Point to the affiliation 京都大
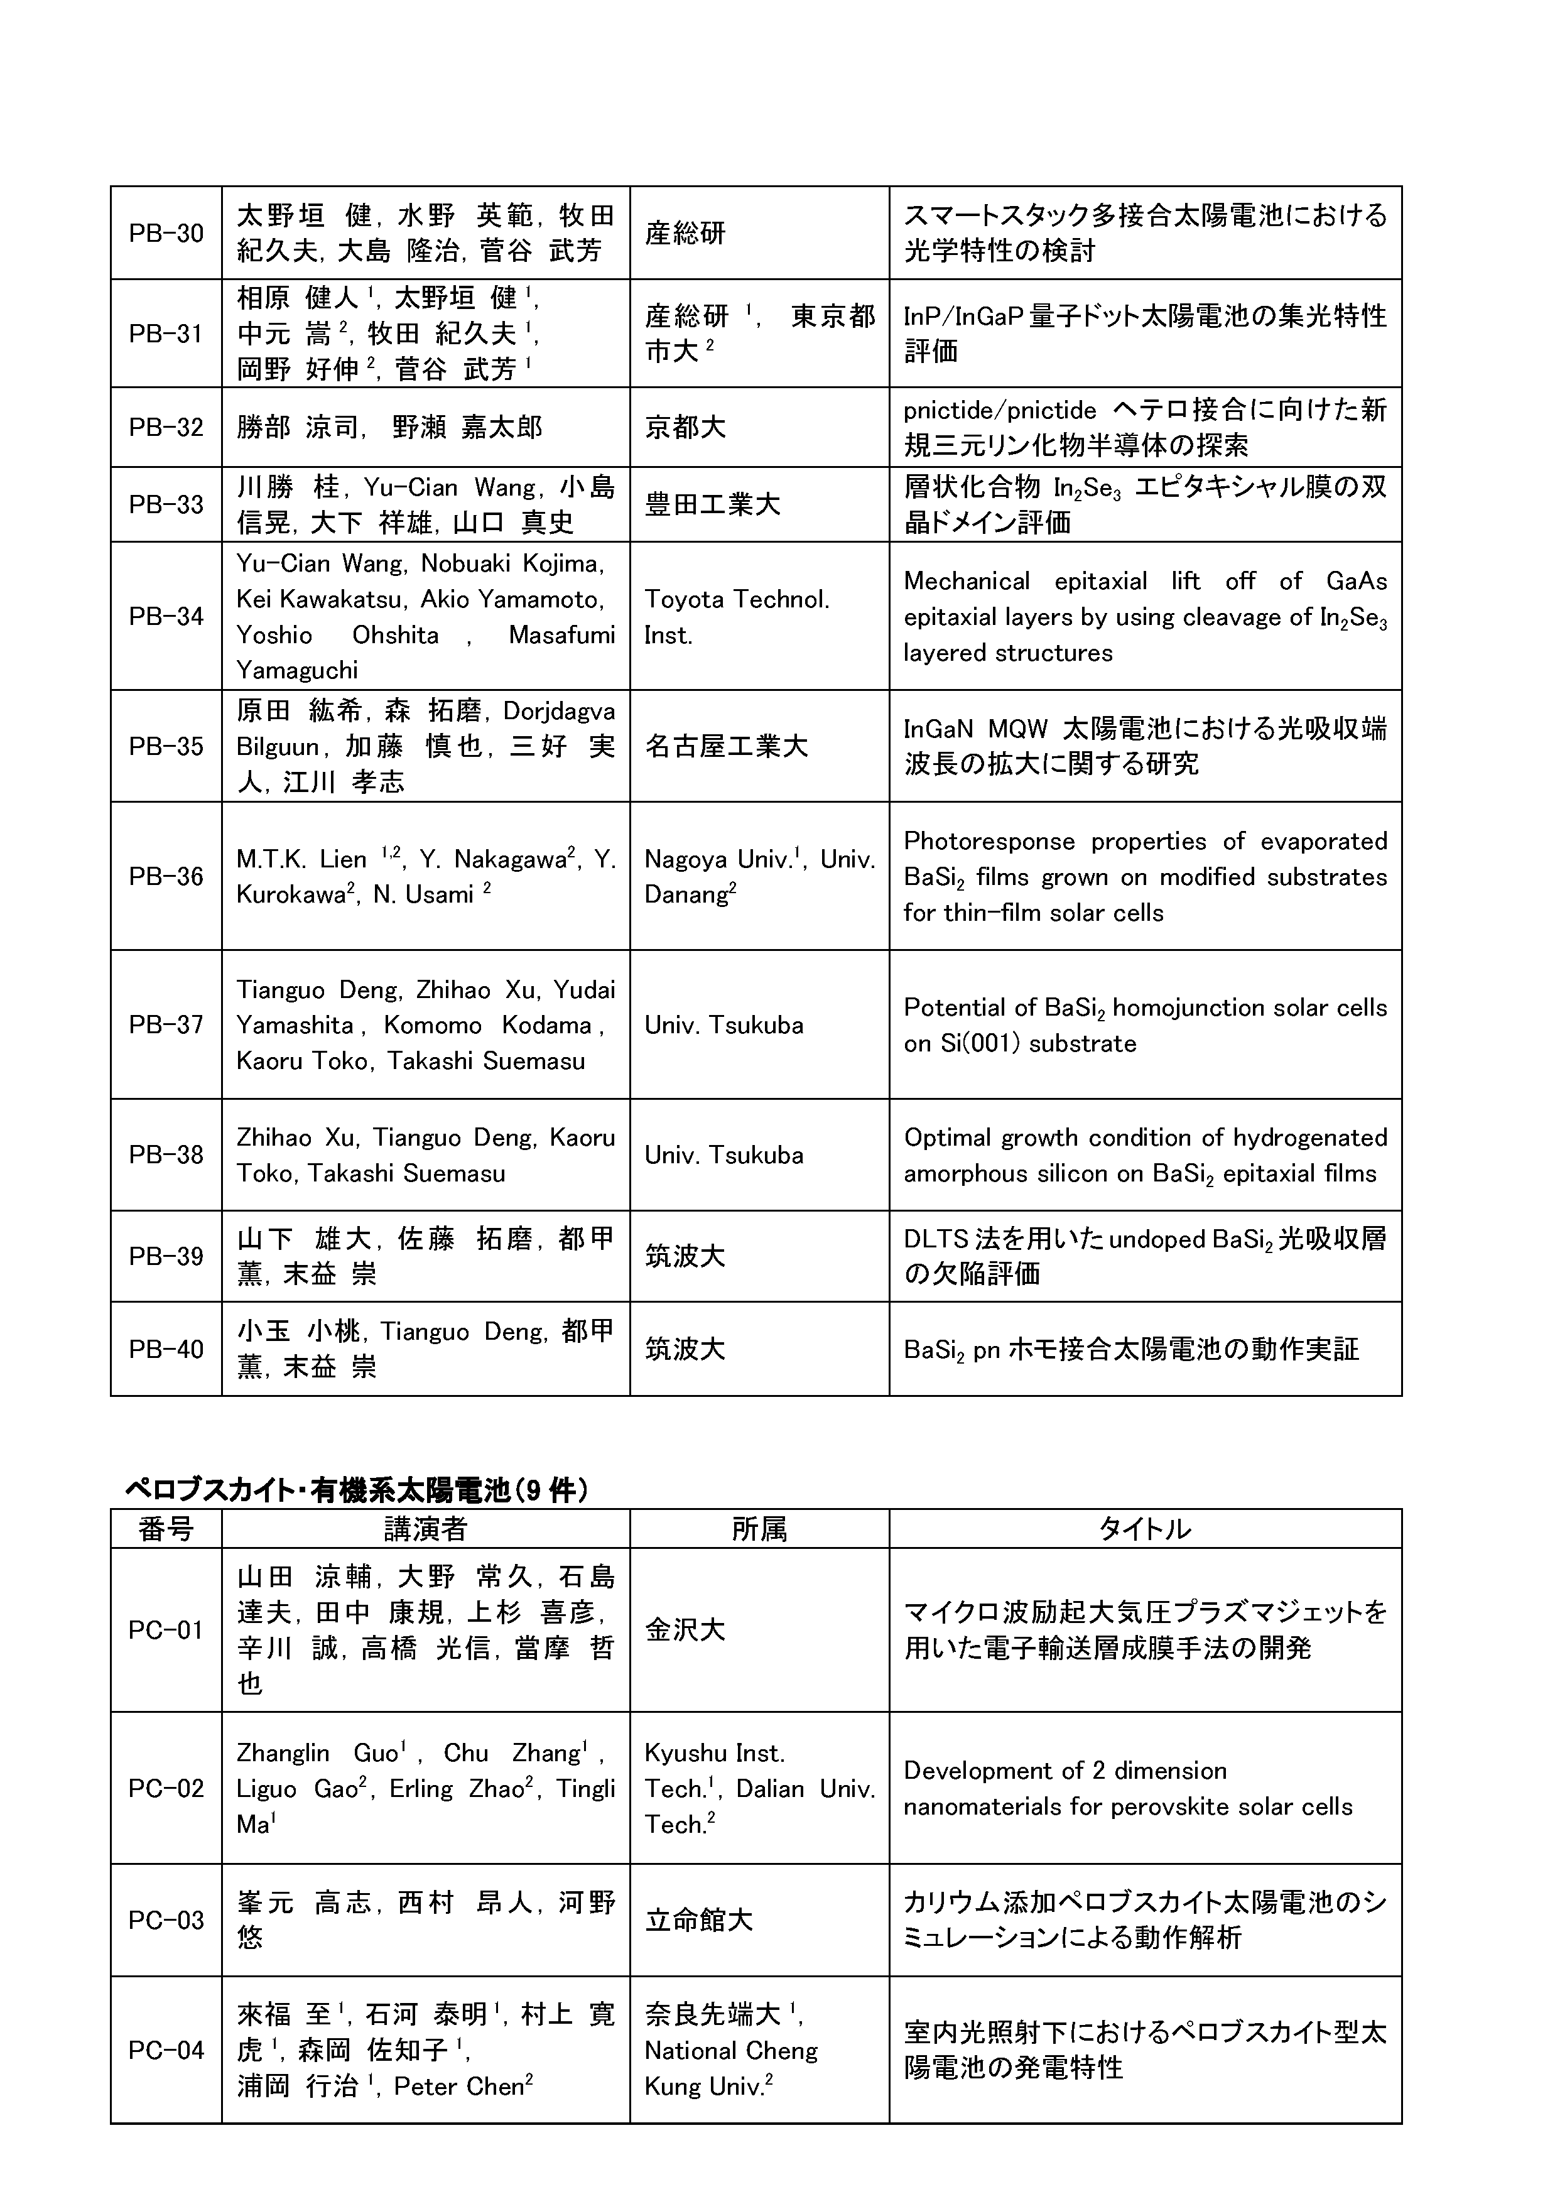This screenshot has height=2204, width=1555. click(685, 427)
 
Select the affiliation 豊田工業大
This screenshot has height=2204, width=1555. click(712, 505)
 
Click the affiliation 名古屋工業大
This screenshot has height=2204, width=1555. click(725, 746)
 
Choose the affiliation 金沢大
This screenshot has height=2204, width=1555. click(685, 1630)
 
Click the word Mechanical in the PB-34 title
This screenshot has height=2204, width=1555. click(967, 581)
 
